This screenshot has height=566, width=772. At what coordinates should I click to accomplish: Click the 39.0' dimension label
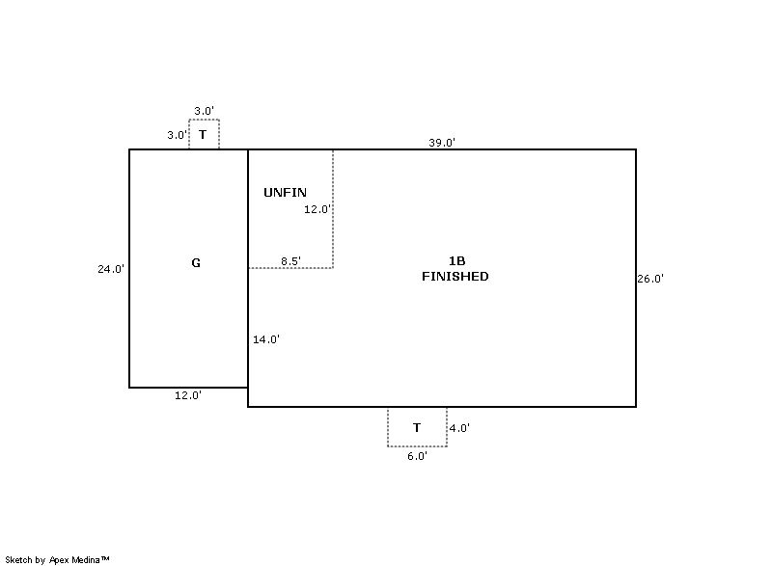pos(442,143)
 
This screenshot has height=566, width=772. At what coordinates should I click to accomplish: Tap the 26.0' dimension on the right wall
pos(650,279)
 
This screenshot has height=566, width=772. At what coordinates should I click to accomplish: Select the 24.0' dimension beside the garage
pos(111,269)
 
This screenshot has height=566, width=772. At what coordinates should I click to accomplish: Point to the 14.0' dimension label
pos(266,339)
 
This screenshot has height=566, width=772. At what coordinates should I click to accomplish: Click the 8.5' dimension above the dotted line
pos(290,261)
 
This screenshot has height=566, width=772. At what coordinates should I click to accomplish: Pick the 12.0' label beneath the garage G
pos(188,395)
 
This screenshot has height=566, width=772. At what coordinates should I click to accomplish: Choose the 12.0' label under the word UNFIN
pos(317,209)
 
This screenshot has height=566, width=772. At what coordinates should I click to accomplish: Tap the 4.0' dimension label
pos(459,428)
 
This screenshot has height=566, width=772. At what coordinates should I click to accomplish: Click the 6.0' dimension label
pos(417,456)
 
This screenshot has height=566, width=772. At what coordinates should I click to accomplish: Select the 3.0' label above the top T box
pos(204,111)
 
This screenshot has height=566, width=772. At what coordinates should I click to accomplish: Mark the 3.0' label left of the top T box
pos(178,135)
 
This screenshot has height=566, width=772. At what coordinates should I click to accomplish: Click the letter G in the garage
pos(196,263)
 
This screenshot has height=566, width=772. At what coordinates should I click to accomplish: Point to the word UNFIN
pos(285,192)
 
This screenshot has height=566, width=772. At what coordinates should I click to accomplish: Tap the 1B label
pos(456,261)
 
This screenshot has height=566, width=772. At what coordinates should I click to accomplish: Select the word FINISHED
pos(455,277)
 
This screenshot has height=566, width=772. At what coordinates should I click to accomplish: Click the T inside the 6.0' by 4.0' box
pos(417,428)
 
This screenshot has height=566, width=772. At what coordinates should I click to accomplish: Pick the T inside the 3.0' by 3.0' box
pos(203,135)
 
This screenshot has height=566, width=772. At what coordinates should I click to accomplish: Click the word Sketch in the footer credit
pos(18,559)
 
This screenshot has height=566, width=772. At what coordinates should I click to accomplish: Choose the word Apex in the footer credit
pos(59,560)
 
